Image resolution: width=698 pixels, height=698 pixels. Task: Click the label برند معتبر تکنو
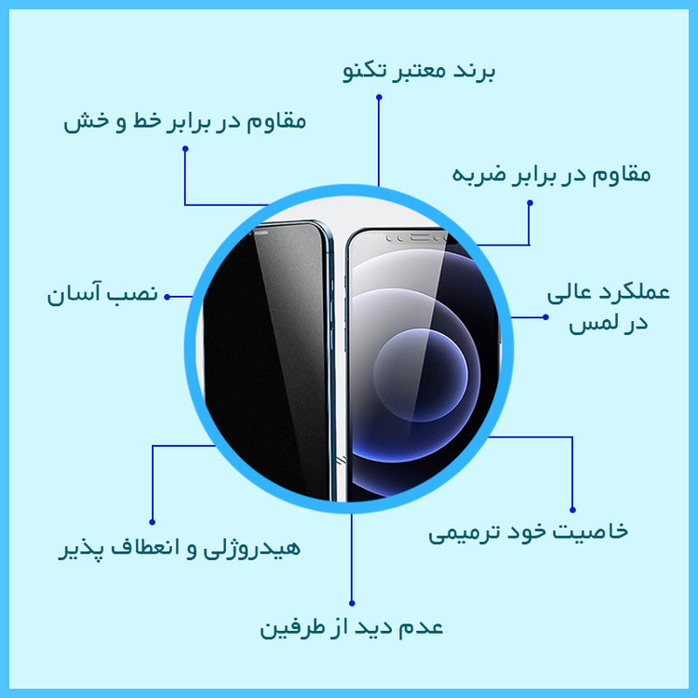[419, 72]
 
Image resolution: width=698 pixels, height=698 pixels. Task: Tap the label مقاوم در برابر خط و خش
[185, 122]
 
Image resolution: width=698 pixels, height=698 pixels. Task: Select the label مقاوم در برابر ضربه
[551, 174]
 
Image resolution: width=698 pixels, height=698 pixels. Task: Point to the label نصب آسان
[102, 294]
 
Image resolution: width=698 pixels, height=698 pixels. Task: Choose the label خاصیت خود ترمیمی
[528, 532]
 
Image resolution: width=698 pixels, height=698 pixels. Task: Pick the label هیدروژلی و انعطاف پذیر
[180, 548]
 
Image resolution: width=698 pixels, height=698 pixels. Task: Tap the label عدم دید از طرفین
[351, 627]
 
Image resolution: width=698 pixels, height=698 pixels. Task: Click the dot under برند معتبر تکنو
[379, 97]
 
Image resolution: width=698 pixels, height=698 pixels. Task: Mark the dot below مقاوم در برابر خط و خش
[185, 149]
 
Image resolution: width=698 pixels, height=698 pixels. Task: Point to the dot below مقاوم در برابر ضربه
[530, 203]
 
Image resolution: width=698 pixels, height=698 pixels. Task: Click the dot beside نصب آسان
[167, 297]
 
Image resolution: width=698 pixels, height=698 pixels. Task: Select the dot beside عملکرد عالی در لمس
[545, 317]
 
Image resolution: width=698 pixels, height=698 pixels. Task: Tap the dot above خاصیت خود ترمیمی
[572, 510]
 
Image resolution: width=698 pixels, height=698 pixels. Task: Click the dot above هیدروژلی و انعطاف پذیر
[153, 522]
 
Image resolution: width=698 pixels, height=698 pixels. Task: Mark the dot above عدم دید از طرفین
[352, 603]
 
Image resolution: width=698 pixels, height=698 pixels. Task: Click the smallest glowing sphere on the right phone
[421, 375]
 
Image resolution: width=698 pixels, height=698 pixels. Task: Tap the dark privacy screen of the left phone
[267, 360]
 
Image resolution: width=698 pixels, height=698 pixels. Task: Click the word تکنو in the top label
[365, 72]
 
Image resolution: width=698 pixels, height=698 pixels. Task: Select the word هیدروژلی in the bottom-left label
[252, 548]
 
